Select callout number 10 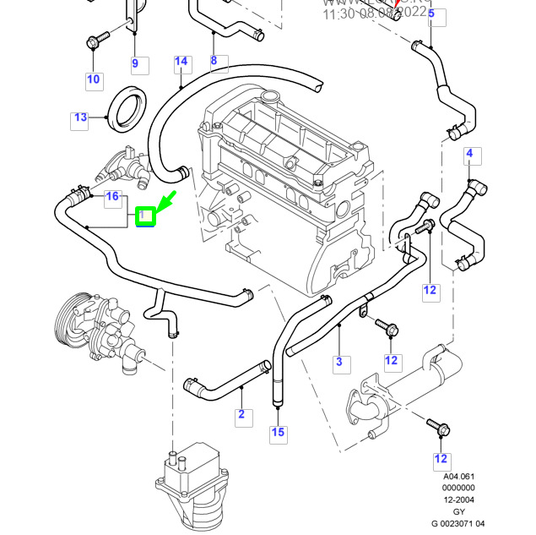tap(93, 80)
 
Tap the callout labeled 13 tap(79, 117)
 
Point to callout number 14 tap(181, 62)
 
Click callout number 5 tap(430, 13)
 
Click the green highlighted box tap(146, 217)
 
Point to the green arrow tap(165, 203)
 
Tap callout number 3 tap(339, 363)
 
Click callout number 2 tap(241, 414)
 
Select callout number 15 tap(278, 434)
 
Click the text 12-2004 tap(459, 499)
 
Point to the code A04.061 tap(459, 476)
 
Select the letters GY tap(459, 510)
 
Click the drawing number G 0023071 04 tap(459, 522)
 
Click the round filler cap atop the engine tap(270, 96)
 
